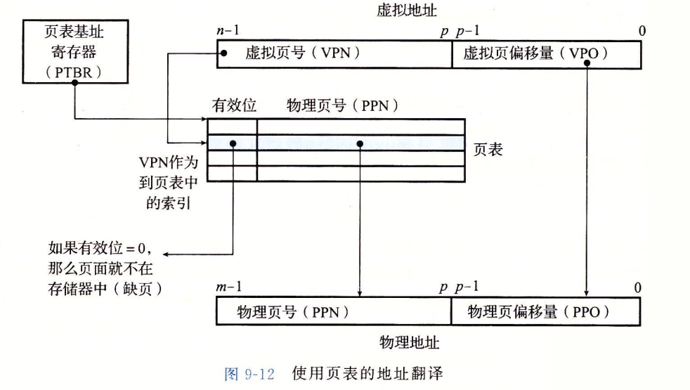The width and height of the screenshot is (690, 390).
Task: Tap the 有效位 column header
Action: coord(234,106)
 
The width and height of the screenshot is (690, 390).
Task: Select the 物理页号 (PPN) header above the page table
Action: coord(343,106)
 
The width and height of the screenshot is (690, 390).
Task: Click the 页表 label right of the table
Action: coord(488,149)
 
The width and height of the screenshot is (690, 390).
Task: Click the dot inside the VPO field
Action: coord(586,62)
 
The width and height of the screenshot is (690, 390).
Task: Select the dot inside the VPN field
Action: coord(223,54)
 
